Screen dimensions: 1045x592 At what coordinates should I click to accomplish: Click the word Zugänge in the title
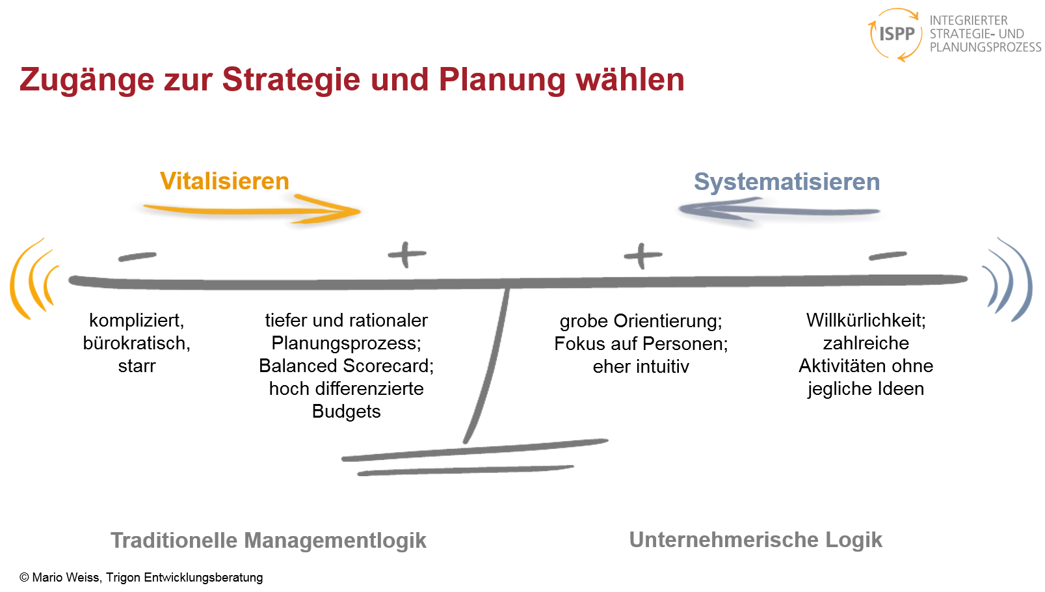(86, 80)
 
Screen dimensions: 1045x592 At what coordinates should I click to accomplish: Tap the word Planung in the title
(502, 80)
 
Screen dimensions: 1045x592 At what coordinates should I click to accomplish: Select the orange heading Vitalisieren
(224, 181)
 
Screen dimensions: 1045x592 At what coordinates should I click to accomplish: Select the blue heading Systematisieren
(787, 182)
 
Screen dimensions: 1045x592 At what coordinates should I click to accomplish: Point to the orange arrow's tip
(360, 211)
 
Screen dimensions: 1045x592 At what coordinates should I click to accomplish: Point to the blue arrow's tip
(680, 209)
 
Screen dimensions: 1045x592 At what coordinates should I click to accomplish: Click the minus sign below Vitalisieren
(137, 256)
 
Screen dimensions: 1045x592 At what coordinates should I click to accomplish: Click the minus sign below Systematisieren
(888, 256)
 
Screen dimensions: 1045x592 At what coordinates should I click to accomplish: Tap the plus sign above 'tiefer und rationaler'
(407, 254)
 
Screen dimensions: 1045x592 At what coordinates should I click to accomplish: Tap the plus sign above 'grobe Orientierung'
(643, 256)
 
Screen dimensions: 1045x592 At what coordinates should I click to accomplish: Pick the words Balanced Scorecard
(346, 366)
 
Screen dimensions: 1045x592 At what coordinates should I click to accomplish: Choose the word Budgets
(346, 411)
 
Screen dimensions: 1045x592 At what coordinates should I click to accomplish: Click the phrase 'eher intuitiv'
(641, 366)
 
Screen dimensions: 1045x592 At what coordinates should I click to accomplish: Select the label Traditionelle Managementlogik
(269, 541)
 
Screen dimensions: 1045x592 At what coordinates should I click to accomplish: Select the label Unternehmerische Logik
(756, 540)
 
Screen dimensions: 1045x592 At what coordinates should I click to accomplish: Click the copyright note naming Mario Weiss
(141, 578)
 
